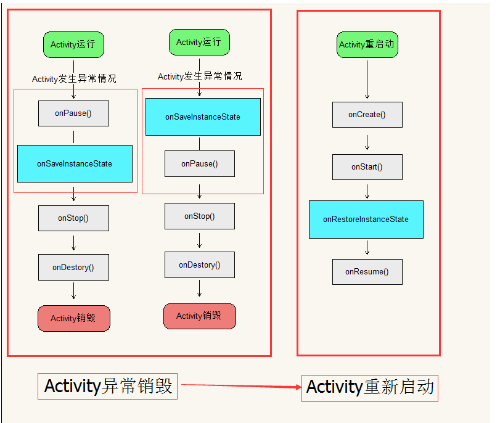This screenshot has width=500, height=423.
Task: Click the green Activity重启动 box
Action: pos(367,44)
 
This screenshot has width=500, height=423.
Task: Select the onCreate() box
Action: pos(367,115)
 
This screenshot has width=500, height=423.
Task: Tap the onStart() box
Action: pos(367,167)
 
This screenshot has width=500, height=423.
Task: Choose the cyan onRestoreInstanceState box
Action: pos(366,219)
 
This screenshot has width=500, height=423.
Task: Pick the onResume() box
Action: pos(367,272)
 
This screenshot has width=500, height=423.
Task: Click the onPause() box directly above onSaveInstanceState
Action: pos(73,113)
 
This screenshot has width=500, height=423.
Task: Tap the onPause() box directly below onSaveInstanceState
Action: pos(199,164)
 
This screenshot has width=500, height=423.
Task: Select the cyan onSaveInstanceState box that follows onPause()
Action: pos(75,163)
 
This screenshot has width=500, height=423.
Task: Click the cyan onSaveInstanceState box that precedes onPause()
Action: pos(203,117)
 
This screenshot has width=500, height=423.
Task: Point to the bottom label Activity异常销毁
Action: pos(108,387)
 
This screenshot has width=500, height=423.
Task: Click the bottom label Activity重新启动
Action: pos(369,388)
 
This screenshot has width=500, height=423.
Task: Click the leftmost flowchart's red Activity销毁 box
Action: pos(73,318)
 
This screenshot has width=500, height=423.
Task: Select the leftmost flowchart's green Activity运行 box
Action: pos(73,45)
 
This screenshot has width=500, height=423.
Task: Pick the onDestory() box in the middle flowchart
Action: pos(199,265)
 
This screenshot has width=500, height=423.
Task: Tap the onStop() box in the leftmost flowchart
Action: pos(73,218)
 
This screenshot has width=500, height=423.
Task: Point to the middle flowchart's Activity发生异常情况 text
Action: pos(200,76)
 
